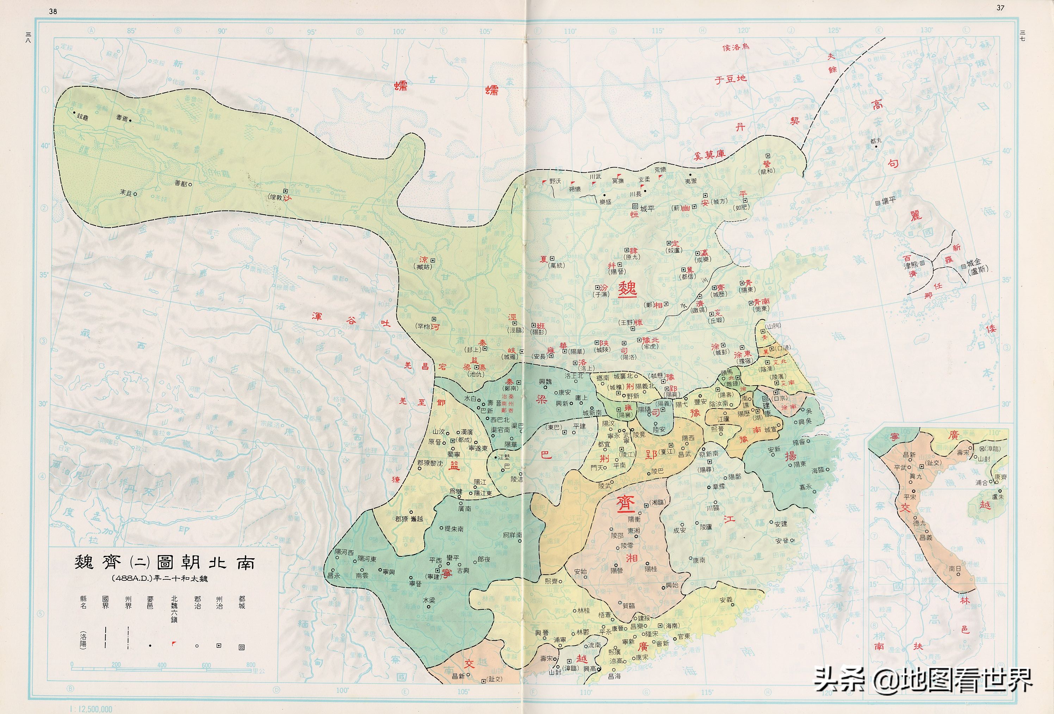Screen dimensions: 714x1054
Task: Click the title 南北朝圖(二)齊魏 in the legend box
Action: pyautogui.click(x=164, y=562)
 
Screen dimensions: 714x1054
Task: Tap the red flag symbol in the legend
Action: pyautogui.click(x=174, y=643)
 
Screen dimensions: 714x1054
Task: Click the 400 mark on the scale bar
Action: pyautogui.click(x=162, y=665)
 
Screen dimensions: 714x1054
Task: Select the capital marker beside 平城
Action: pyautogui.click(x=635, y=207)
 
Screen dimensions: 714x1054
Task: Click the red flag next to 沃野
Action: pyautogui.click(x=544, y=181)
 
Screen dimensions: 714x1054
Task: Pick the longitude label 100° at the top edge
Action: pyautogui.click(x=399, y=31)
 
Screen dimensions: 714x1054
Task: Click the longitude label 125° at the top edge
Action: pyautogui.click(x=833, y=30)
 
